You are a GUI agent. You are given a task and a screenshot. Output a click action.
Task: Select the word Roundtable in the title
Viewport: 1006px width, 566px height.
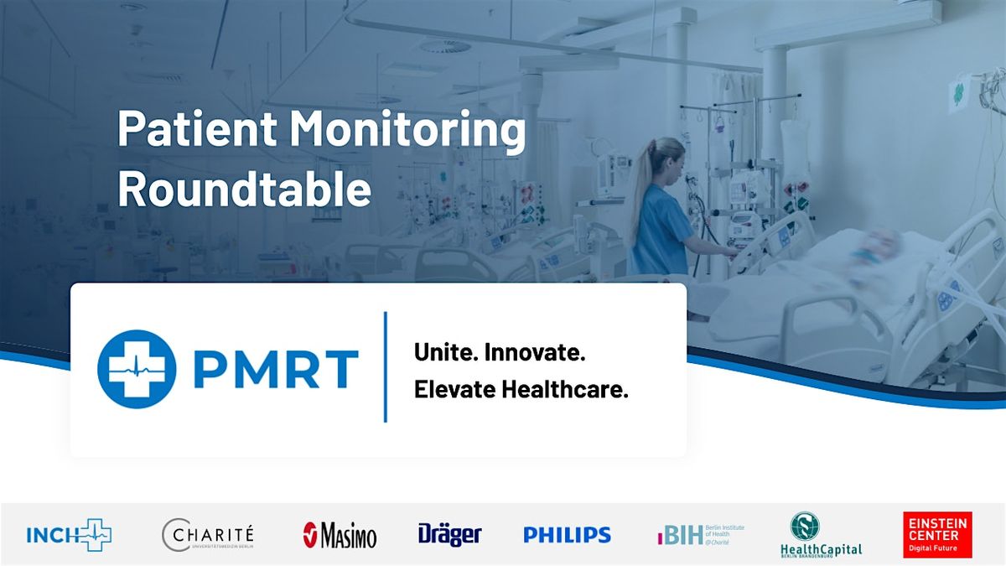point(244,190)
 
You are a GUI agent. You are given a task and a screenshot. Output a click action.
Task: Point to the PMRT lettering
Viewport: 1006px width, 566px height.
point(276,370)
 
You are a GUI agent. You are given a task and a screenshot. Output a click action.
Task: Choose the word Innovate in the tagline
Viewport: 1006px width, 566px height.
point(537,353)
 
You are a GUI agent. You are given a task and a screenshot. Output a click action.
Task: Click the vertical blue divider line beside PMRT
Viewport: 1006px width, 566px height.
point(385,367)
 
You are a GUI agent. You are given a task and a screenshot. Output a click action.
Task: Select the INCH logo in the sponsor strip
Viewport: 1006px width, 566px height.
point(69,535)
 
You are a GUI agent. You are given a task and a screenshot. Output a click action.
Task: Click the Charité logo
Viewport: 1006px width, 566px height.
point(208,535)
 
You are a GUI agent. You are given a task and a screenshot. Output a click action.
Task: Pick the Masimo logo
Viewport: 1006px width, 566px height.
point(340,535)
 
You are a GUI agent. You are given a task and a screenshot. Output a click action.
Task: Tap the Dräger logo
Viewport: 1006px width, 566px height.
point(449,534)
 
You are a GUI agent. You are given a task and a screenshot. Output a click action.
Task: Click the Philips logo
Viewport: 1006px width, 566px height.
point(567,535)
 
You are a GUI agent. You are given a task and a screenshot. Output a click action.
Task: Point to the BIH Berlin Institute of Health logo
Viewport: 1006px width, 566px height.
point(701,534)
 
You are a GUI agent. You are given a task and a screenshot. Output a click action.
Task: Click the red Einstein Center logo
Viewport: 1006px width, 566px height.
point(937,534)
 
